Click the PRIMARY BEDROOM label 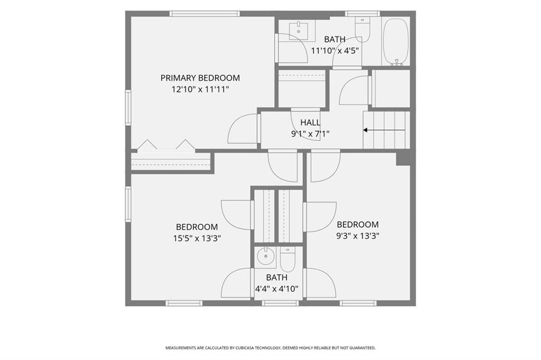coord(200,78)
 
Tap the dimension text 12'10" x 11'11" coord(200,90)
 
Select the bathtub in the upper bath coord(396,41)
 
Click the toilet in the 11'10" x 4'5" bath coord(362,29)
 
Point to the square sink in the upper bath coord(299,30)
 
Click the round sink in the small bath coord(266,257)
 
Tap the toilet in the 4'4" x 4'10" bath coord(287,259)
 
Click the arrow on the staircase coord(384,130)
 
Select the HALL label coord(310,122)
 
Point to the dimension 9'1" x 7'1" coord(310,134)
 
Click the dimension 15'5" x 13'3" coord(197,238)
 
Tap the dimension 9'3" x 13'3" coord(358,236)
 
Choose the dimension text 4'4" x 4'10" coord(277,289)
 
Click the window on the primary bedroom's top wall coord(204,14)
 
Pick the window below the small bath coord(280,303)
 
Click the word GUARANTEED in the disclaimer coord(362,348)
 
